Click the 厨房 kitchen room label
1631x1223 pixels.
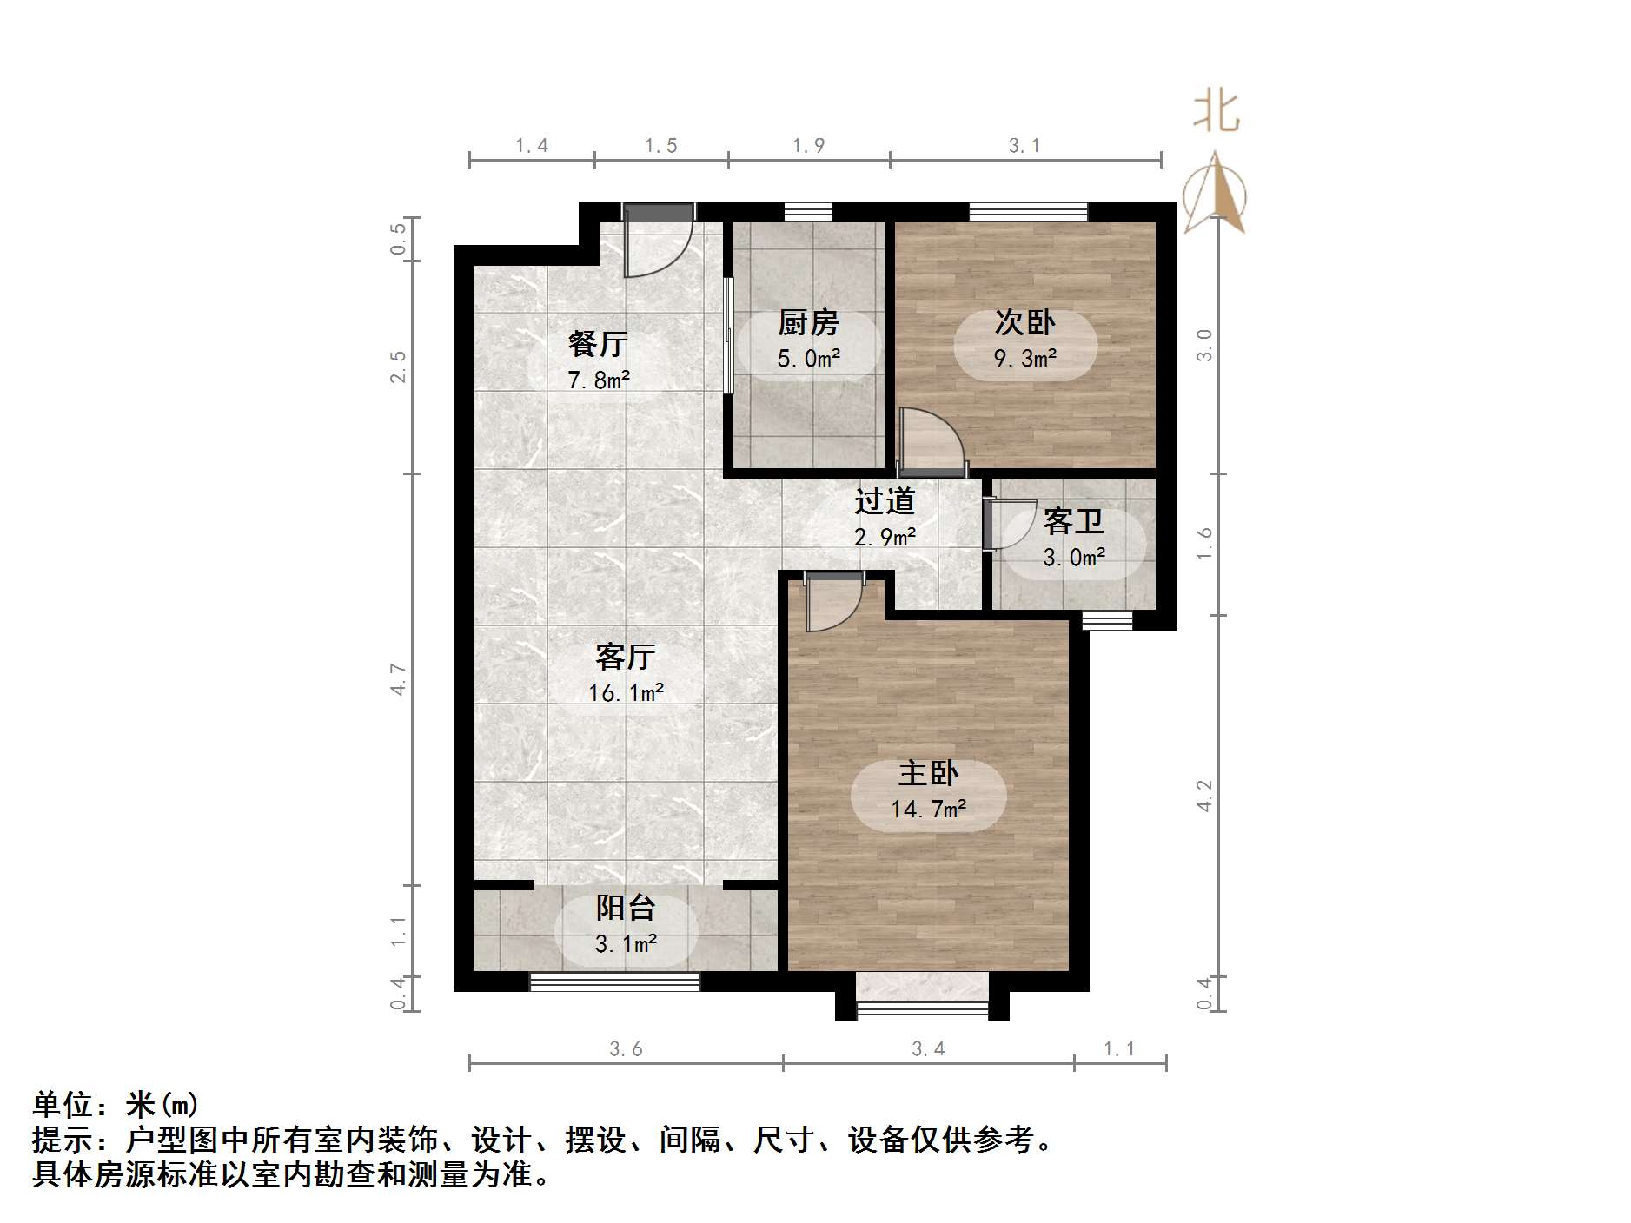click(808, 323)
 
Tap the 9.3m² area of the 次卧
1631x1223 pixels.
click(1025, 358)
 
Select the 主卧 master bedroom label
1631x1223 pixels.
click(928, 773)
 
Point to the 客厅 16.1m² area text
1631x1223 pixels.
click(626, 692)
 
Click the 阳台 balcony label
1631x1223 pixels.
click(626, 908)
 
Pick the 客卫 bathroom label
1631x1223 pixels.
click(1073, 521)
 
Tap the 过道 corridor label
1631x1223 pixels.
click(885, 501)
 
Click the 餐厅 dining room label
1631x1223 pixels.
click(598, 344)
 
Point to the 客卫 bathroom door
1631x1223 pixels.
click(999, 525)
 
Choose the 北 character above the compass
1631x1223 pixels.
click(1216, 113)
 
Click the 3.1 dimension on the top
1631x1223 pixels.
click(1024, 146)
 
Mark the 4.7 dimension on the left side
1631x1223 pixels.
click(398, 678)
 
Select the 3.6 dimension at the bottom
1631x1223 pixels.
click(626, 1049)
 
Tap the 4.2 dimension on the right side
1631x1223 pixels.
click(1204, 796)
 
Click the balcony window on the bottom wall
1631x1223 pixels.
click(614, 982)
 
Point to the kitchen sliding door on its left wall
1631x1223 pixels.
click(728, 335)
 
